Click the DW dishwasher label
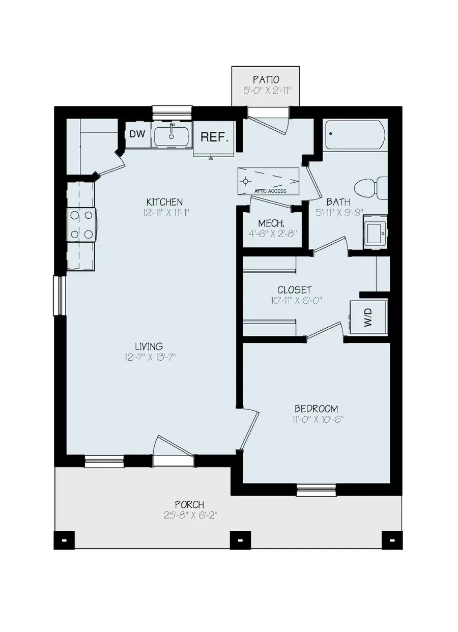tap(136, 134)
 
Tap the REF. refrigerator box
tap(214, 137)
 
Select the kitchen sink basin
tap(171, 136)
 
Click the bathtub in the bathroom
tap(356, 135)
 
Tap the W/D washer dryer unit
tap(368, 318)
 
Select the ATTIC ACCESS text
tap(270, 191)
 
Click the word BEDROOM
tap(316, 409)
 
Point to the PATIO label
tap(266, 79)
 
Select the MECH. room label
tap(271, 223)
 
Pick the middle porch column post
tap(238, 540)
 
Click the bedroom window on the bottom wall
tap(316, 491)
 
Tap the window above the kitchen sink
tap(171, 111)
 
